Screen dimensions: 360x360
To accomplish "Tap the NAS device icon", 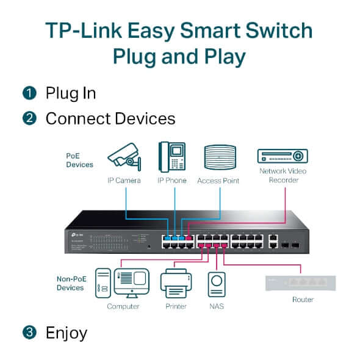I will tap(216, 283).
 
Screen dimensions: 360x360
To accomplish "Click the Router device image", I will tap(300, 283).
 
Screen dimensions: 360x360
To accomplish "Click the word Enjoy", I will tap(66, 333).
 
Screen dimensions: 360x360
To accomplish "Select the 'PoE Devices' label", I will tap(79, 160).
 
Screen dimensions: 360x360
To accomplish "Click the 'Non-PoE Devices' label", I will tap(70, 283).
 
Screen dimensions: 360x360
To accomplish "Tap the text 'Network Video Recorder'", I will tap(283, 175).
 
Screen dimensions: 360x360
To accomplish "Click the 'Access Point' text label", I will tap(218, 181).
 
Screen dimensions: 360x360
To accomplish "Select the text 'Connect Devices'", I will tap(110, 118).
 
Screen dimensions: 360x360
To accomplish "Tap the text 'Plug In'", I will tap(70, 93).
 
